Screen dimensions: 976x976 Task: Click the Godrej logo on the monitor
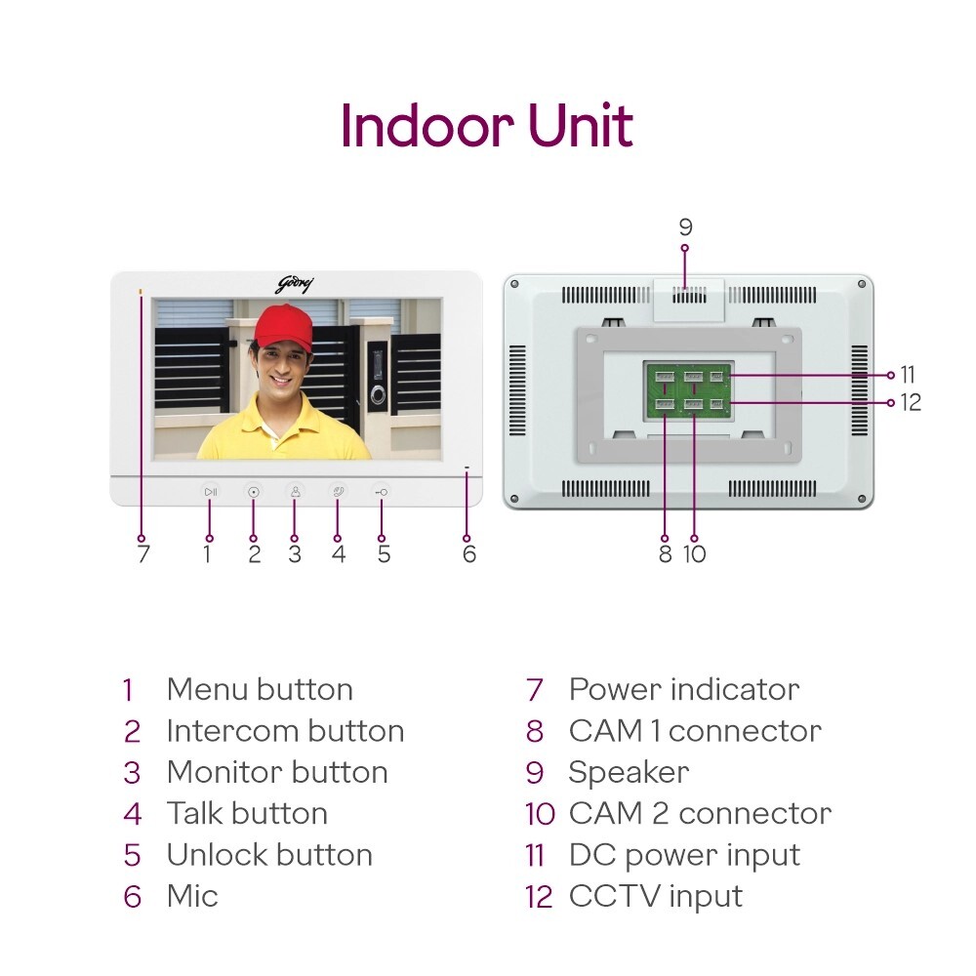[295, 284]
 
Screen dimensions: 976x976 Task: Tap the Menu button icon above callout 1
[210, 492]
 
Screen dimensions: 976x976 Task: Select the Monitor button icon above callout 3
[295, 492]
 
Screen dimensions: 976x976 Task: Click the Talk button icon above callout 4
[338, 492]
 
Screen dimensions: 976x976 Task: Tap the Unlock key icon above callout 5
[381, 492]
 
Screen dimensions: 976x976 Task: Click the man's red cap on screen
[283, 327]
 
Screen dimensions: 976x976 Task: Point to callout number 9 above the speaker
[685, 227]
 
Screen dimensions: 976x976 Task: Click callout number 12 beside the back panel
[911, 402]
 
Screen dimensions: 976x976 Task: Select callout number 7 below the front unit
[143, 554]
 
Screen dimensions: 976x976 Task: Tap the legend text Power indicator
[683, 689]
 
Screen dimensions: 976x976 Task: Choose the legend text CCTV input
[655, 896]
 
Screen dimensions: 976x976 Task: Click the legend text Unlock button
[269, 855]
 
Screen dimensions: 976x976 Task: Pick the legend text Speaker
[629, 772]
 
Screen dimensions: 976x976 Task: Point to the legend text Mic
[192, 896]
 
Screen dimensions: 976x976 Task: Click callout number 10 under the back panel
[694, 554]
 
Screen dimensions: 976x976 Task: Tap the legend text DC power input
[683, 855]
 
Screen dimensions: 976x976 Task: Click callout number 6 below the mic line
[469, 554]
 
